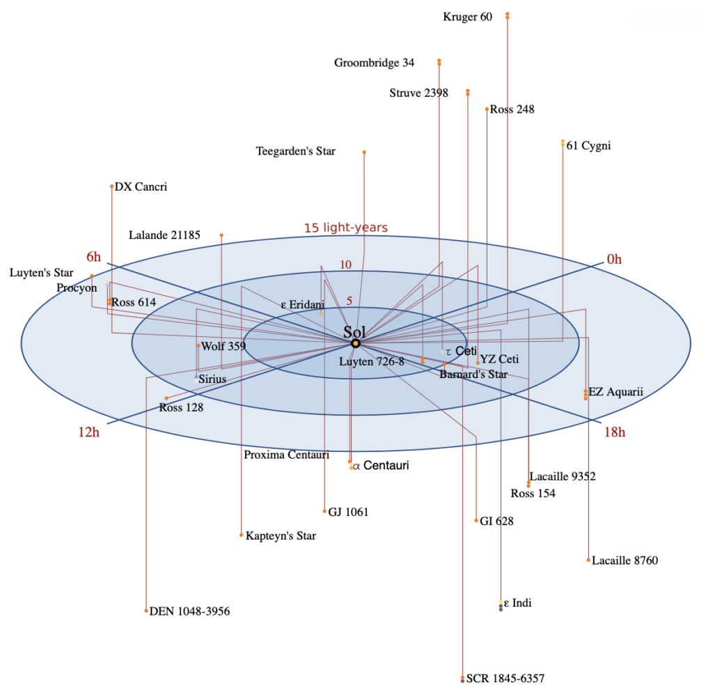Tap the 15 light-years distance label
tap(345, 228)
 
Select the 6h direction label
tap(94, 257)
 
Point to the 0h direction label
tap(614, 260)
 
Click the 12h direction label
tap(89, 432)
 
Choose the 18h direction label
tap(614, 432)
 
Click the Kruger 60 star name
tap(467, 17)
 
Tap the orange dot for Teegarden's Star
tap(364, 152)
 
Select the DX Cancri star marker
tap(111, 187)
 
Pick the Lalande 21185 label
tap(164, 235)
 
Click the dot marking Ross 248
tap(487, 109)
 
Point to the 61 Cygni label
tap(588, 146)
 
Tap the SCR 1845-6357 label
tap(501, 678)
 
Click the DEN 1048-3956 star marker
tap(146, 611)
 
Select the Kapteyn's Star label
tap(281, 536)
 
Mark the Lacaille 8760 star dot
tap(588, 560)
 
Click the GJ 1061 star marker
tap(324, 512)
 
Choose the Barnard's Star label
tap(473, 375)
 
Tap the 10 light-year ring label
tap(346, 265)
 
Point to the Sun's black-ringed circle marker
tap(355, 344)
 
